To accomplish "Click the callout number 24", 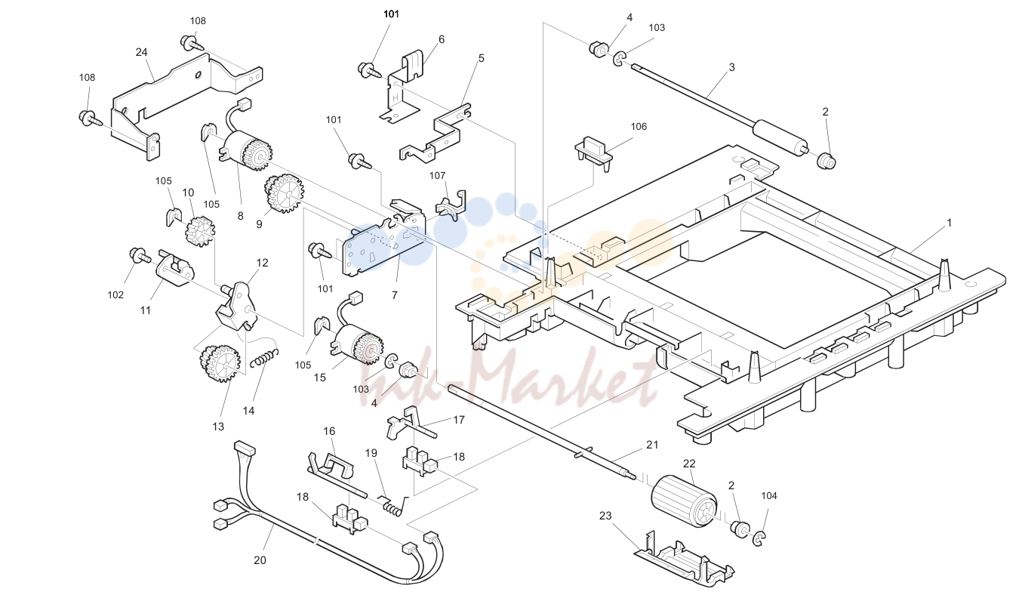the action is tap(141, 52).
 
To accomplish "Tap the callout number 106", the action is tap(639, 126).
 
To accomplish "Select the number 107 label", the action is tap(437, 175).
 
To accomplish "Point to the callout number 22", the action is tap(689, 464).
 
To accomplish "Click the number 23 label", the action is tap(605, 516).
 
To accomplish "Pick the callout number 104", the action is tap(769, 496).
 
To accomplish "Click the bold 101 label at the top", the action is tap(391, 14).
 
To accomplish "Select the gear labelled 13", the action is tap(220, 363).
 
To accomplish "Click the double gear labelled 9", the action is tap(284, 193).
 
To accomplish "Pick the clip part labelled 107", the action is tap(451, 205).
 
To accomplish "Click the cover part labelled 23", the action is tap(684, 559).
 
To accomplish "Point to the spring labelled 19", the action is tap(393, 505).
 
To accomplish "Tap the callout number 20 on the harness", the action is tap(260, 560).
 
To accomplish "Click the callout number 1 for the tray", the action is tap(949, 223).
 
